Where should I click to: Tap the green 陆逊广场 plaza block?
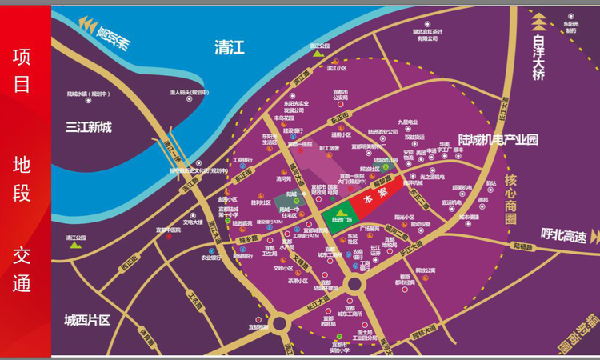pos(341,214)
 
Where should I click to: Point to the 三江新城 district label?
pos(90,126)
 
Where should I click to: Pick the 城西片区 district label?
pos(86,320)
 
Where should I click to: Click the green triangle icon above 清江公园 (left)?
pos(75,245)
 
